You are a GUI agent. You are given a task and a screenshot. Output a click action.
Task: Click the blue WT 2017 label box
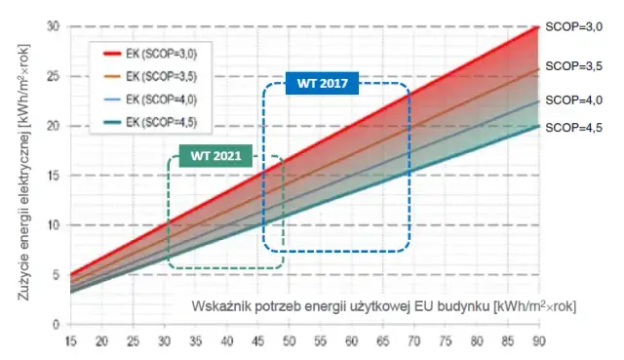[323, 83]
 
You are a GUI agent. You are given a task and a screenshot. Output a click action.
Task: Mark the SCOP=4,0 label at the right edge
[573, 100]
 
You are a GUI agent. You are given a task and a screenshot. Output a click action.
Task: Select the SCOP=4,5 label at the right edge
[573, 128]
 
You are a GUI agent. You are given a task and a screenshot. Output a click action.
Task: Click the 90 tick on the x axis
[537, 340]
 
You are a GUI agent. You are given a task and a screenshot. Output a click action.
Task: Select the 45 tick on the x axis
[258, 340]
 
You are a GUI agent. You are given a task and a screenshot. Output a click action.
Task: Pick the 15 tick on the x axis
[71, 340]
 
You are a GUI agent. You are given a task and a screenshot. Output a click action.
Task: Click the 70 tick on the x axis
[413, 340]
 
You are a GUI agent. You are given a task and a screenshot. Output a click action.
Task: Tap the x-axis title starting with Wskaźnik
[382, 306]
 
